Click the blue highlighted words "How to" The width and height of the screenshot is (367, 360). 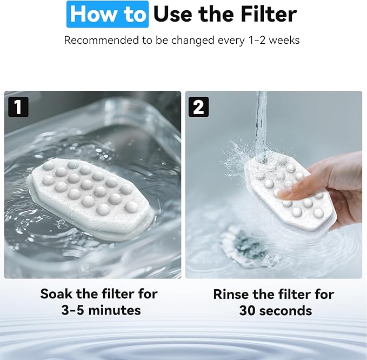point(107,14)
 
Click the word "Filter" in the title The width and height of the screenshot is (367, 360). point(266,14)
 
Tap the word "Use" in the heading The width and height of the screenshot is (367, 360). point(175,14)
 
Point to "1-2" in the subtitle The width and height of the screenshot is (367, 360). point(259,41)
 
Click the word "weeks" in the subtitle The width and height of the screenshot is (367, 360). point(286,41)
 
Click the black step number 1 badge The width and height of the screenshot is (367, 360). point(18,106)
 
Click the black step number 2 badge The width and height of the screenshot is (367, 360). point(198,106)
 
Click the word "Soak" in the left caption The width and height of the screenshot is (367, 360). point(57,294)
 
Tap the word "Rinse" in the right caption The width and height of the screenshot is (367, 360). point(233,295)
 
